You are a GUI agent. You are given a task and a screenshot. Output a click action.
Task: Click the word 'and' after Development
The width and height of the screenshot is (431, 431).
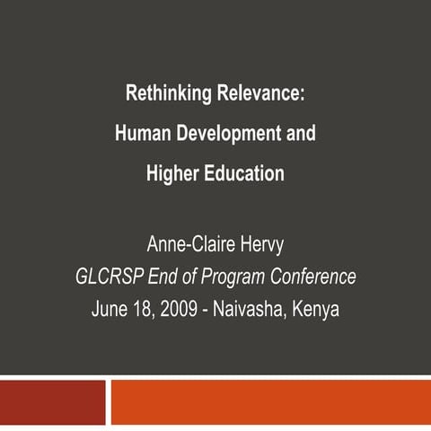point(300,133)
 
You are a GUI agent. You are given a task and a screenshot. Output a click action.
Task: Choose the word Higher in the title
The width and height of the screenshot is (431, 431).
point(172,174)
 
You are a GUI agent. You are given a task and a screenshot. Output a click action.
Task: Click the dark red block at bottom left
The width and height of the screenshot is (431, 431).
point(52,402)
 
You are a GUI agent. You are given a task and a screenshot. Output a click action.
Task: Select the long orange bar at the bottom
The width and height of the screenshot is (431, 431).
point(269,402)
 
